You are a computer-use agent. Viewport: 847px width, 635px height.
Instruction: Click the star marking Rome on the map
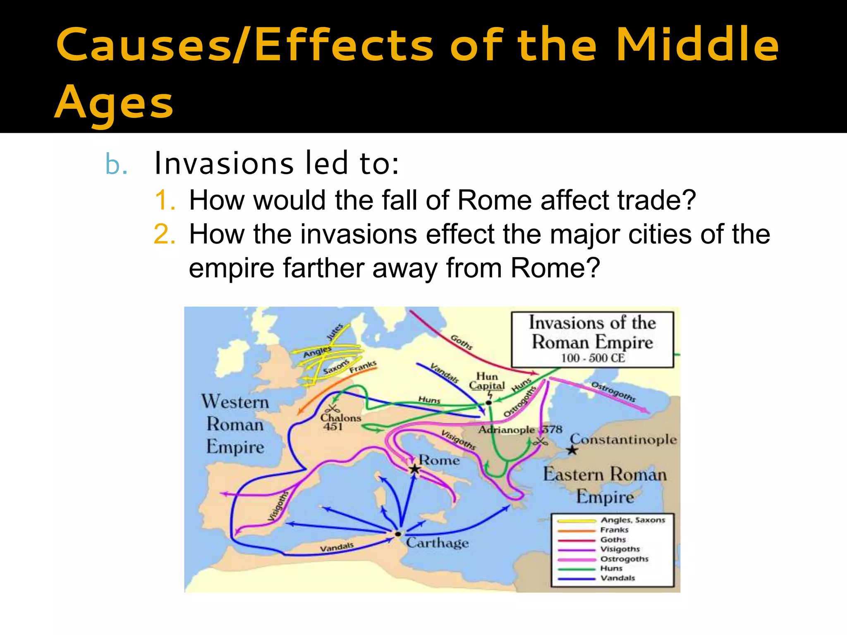click(x=414, y=469)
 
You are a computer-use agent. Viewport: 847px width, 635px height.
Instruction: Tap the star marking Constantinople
click(x=572, y=450)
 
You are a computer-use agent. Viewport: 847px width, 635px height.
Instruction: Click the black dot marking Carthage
click(x=398, y=534)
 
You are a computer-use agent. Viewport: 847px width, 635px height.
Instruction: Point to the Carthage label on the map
click(x=437, y=542)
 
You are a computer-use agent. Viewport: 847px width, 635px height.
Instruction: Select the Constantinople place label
click(x=623, y=439)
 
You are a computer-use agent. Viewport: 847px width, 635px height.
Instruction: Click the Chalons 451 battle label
click(x=340, y=422)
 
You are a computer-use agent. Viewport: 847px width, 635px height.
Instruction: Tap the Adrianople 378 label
click(x=520, y=430)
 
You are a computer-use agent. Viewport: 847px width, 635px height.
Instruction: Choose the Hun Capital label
click(x=487, y=381)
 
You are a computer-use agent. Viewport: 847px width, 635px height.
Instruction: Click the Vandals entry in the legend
click(x=617, y=578)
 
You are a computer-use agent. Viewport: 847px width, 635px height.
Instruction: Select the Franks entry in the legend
click(x=614, y=530)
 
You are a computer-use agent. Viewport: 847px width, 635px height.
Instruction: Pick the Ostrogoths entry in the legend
click(x=624, y=559)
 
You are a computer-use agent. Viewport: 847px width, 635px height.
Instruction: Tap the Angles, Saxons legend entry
click(x=632, y=520)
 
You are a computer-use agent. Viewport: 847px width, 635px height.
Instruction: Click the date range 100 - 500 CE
click(x=592, y=358)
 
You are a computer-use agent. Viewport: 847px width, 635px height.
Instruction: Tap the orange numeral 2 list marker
click(x=165, y=234)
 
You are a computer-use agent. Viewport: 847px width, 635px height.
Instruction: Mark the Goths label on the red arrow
click(x=461, y=342)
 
